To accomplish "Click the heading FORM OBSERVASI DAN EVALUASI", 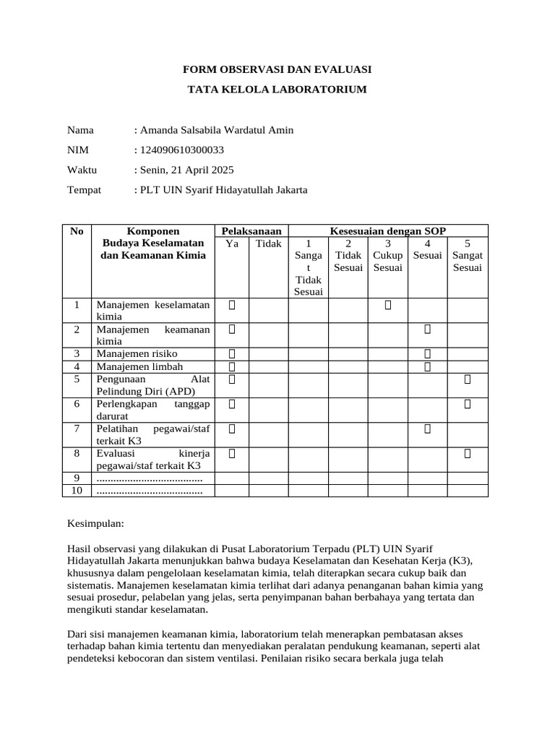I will click(277, 69).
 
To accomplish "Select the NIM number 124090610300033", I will click(182, 150).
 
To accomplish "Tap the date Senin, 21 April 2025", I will click(186, 170).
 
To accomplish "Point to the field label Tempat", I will click(84, 190).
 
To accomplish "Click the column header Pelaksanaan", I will click(251, 231).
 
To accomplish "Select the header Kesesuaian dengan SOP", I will click(388, 231).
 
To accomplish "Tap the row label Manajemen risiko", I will click(137, 353).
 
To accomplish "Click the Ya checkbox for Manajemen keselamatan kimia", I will click(232, 305).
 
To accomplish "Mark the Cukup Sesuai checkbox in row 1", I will click(388, 305).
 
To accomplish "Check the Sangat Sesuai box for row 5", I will click(468, 379).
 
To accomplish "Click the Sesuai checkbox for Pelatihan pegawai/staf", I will click(427, 429).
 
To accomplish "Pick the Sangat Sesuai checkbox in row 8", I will click(468, 454).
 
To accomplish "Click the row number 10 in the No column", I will click(77, 491).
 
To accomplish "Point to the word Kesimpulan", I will click(96, 522).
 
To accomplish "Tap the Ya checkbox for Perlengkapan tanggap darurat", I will click(232, 404).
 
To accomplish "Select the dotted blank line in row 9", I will click(150, 478).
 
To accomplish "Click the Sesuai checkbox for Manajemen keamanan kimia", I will click(427, 330).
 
